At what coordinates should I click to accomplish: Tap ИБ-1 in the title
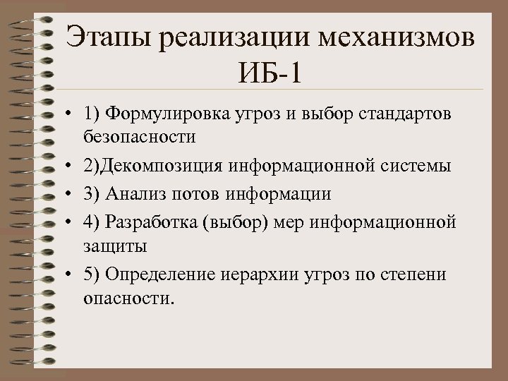pos(270,73)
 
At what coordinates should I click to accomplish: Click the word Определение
pos(157,274)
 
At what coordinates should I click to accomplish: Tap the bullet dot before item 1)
pos(73,116)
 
